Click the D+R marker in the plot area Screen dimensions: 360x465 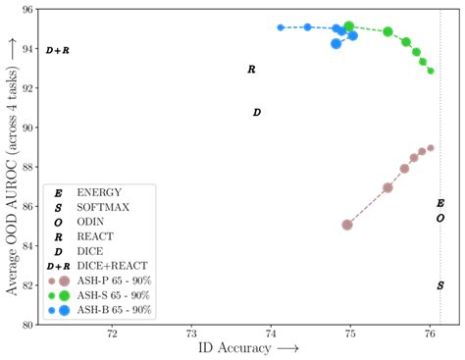tap(58, 49)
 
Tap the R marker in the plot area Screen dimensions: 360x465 tap(251, 69)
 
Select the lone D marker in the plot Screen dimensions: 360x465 tap(256, 112)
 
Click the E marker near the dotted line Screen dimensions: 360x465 tap(440, 203)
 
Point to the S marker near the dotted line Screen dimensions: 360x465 tap(440, 285)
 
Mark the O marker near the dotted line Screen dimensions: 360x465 tap(440, 218)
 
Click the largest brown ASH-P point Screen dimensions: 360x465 tap(347, 225)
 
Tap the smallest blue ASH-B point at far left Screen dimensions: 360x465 tap(281, 27)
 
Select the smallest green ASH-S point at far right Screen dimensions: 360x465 tap(431, 71)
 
